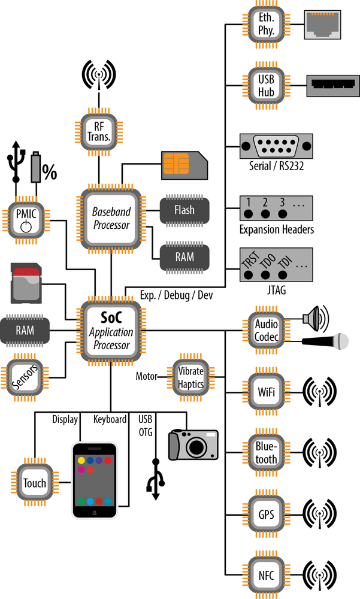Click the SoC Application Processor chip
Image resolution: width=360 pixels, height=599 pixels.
tap(111, 331)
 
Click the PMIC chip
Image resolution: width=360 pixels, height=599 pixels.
tap(25, 219)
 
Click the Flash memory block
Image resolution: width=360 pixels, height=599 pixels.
tap(184, 210)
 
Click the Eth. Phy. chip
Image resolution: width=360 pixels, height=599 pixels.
tap(267, 24)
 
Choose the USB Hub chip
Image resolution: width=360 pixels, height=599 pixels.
tap(267, 86)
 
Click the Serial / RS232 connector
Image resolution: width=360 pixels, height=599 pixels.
tap(276, 146)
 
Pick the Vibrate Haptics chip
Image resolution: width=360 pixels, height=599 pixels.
tap(190, 376)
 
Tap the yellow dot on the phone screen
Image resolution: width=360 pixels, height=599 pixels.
tap(80, 461)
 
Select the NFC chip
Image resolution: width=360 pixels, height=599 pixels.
tap(267, 573)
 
